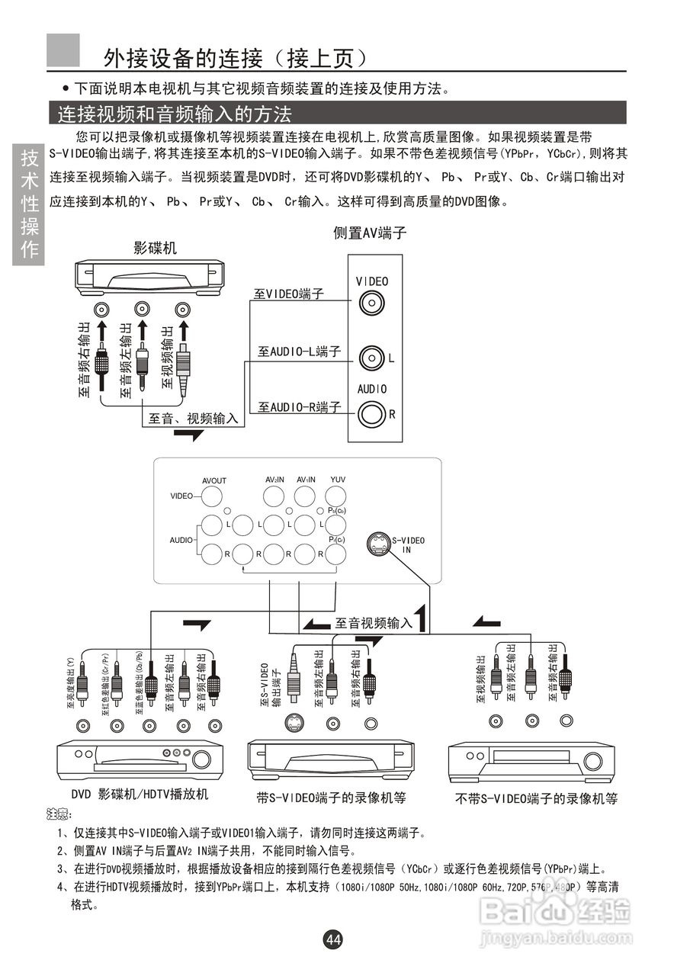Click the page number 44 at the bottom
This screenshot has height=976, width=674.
[x=333, y=939]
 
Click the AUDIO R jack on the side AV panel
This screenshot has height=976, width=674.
[x=371, y=414]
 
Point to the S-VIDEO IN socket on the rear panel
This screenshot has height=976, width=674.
[x=378, y=544]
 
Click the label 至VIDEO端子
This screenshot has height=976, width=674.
[x=289, y=294]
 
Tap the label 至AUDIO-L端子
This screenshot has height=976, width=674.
[x=299, y=352]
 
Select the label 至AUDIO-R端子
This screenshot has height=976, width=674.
[x=299, y=407]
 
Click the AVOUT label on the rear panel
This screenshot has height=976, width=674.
[x=214, y=480]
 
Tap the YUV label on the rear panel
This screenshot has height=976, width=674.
[x=338, y=479]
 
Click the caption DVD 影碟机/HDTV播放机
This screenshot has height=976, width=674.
[x=140, y=795]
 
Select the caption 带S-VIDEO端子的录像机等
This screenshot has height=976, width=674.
[x=331, y=798]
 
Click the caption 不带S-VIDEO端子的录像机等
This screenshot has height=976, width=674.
[x=536, y=798]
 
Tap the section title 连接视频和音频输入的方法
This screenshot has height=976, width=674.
[x=175, y=114]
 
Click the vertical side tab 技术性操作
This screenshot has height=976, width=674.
[x=29, y=204]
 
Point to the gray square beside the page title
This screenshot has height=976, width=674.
[x=63, y=50]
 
